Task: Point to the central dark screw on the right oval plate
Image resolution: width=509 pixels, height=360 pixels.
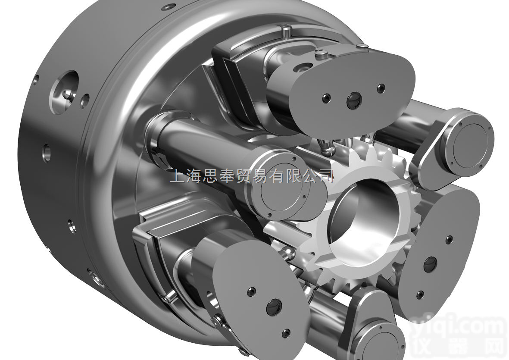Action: coord(430,264)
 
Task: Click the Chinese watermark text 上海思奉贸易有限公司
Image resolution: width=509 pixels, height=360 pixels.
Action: coord(252,176)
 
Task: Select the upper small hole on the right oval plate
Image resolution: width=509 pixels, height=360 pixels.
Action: coord(450,238)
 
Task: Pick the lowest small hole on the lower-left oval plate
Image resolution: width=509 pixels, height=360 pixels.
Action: coord(285,333)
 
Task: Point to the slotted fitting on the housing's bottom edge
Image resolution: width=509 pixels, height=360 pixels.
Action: coord(94,276)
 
